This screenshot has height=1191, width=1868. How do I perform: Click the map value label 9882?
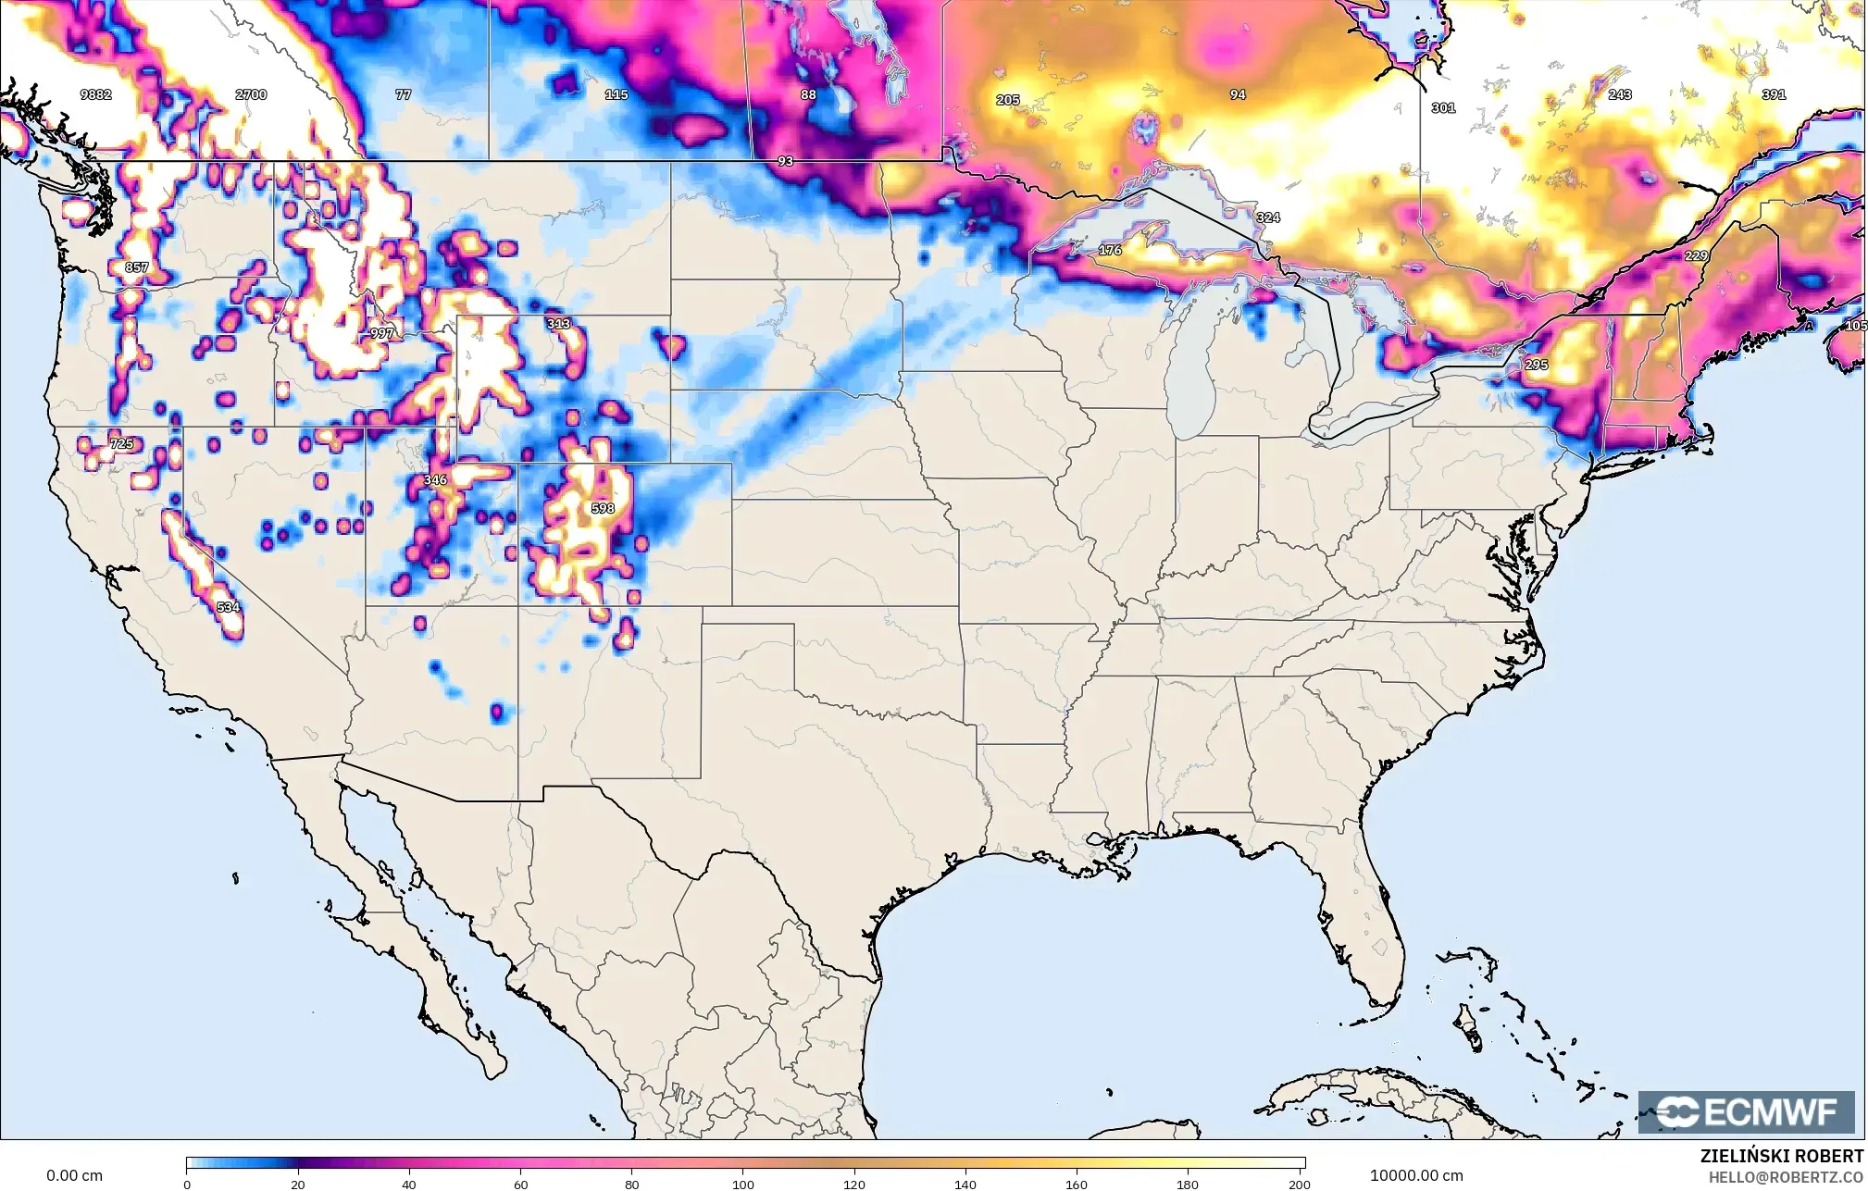point(95,94)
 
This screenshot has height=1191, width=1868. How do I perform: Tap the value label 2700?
point(251,94)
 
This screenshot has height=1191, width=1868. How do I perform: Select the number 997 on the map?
point(381,333)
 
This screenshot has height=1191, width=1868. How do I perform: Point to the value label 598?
point(602,508)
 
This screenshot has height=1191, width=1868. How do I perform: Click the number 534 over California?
point(228,607)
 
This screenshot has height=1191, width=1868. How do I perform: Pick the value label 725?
point(121,444)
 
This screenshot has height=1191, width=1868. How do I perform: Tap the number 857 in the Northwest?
point(136,267)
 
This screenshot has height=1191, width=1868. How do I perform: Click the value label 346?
point(435,479)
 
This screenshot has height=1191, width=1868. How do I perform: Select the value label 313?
point(558,324)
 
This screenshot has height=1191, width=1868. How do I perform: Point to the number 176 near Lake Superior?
point(1110,251)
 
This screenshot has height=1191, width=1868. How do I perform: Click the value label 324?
point(1268,217)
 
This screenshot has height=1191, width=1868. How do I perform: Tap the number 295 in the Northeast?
point(1536,365)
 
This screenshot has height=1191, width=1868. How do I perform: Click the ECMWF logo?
point(1746,1111)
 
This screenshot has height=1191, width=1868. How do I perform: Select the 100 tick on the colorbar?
point(743,1184)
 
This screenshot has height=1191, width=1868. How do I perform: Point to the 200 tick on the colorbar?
point(1300,1184)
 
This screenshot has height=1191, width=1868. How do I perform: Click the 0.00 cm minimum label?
point(74,1175)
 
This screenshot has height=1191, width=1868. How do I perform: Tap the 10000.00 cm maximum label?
point(1416,1175)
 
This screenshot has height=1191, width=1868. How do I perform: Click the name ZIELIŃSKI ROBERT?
point(1782,1156)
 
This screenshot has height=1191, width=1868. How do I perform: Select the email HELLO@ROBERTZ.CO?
point(1786,1177)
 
